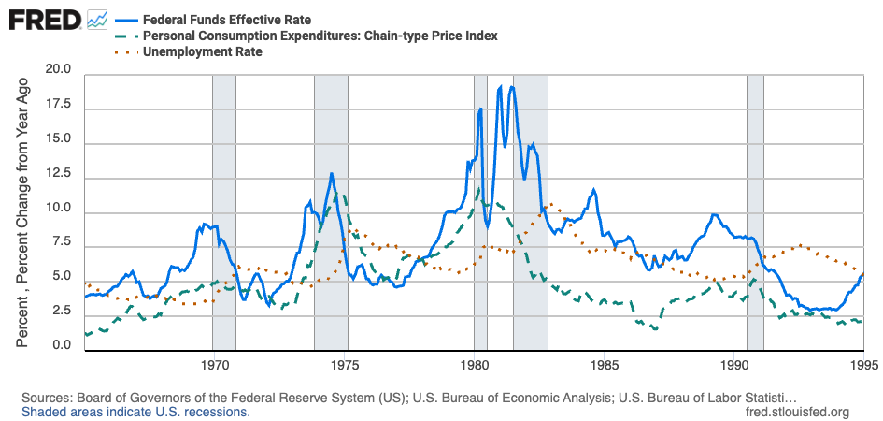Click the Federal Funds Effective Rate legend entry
(x=226, y=19)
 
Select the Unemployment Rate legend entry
(x=202, y=52)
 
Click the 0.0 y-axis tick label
(x=62, y=346)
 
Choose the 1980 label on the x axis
(x=474, y=364)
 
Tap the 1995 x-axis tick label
(x=862, y=364)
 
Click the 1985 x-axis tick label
(x=605, y=364)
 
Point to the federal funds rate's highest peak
(x=511, y=86)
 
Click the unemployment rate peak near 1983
(x=549, y=203)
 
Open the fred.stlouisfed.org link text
(x=798, y=412)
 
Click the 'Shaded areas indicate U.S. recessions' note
(x=135, y=412)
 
